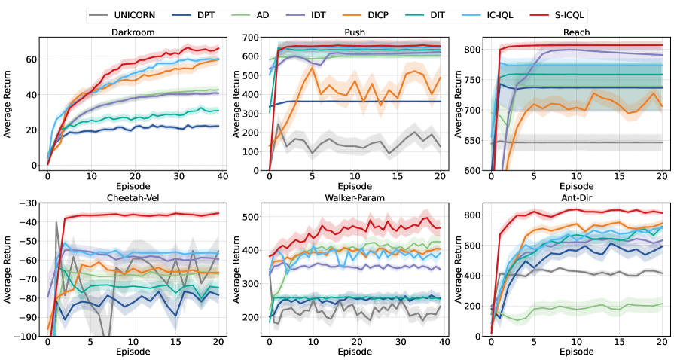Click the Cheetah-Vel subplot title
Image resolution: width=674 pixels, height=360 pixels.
133,199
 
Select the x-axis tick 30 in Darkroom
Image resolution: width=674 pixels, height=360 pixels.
175,175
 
